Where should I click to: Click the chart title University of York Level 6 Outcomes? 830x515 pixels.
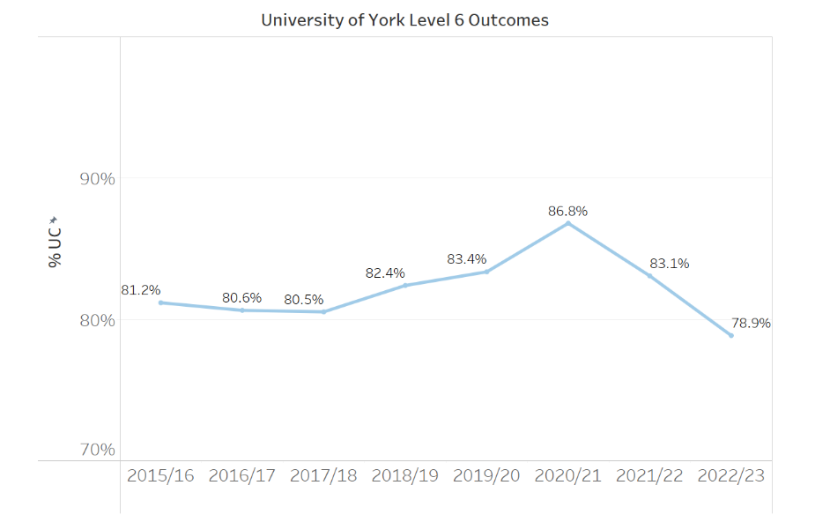tap(404, 19)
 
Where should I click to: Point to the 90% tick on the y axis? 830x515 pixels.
tap(97, 178)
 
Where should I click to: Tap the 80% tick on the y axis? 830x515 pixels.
tap(97, 319)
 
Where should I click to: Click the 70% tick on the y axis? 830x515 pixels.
tap(97, 450)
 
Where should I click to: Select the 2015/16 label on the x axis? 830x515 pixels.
tap(160, 475)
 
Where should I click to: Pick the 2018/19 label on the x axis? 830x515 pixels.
tap(404, 475)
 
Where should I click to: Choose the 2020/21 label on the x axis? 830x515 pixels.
tap(567, 475)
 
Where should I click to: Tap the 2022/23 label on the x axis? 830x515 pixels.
tap(730, 475)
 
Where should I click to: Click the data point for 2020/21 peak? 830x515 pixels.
tap(568, 223)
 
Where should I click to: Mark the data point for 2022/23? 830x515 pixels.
tap(730, 335)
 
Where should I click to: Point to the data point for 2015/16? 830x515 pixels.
tap(160, 302)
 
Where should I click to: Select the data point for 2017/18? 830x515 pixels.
tap(323, 312)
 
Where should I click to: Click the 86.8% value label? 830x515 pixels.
tap(567, 212)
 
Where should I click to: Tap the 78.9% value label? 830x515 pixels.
tap(751, 323)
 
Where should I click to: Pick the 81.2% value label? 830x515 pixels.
tap(141, 290)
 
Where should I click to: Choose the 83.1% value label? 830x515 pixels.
tap(670, 263)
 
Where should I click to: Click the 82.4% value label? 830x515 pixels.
tap(385, 273)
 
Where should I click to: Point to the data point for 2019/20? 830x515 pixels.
tap(486, 272)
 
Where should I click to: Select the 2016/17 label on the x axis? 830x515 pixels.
tap(241, 475)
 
